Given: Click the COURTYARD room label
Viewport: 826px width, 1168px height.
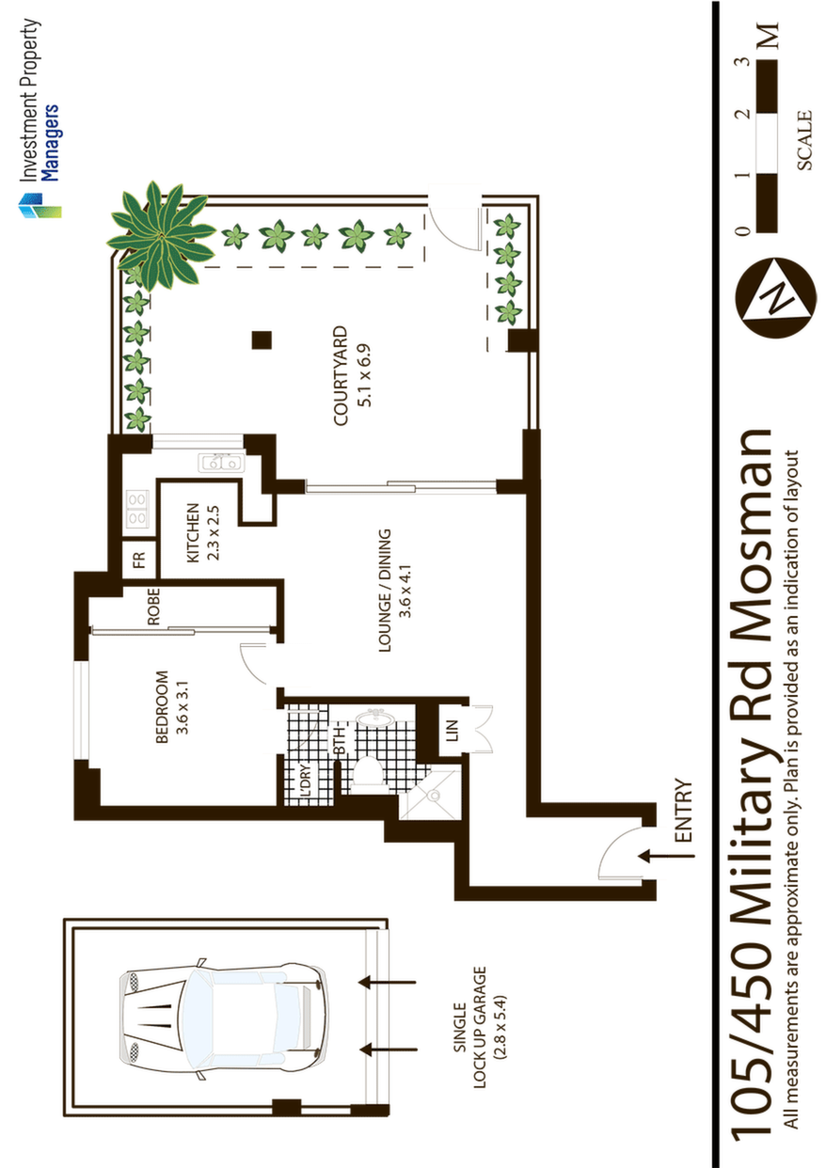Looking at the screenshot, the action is click(x=340, y=376).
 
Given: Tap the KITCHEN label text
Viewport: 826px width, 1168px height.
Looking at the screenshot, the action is click(x=193, y=532).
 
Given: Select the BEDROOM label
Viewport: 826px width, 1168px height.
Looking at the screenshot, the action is click(x=162, y=706).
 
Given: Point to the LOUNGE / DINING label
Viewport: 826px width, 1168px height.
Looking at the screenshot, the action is click(x=385, y=591).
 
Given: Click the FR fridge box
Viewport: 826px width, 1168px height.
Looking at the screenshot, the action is click(x=138, y=560).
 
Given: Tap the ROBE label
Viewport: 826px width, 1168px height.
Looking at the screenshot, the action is click(x=153, y=607).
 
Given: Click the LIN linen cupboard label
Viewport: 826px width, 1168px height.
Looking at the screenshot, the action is click(x=453, y=731).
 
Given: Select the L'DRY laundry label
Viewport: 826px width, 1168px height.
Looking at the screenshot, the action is click(x=306, y=779).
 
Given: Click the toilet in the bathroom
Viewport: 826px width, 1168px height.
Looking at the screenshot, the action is click(x=369, y=774).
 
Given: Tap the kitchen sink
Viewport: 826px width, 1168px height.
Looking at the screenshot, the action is click(x=221, y=463).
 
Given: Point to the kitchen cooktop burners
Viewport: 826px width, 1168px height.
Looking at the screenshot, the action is click(x=137, y=510).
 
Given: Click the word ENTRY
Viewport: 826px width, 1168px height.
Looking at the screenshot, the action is click(x=683, y=811).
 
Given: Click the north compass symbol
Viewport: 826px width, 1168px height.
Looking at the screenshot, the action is click(x=775, y=298).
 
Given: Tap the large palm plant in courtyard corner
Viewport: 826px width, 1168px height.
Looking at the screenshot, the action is click(x=162, y=235).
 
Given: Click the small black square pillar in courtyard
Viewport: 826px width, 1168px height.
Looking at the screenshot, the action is click(x=262, y=340).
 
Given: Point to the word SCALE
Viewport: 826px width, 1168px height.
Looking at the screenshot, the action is click(x=804, y=140).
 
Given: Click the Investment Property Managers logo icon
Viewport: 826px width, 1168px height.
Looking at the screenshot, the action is click(x=40, y=205).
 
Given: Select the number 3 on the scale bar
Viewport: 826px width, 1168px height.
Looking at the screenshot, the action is click(x=745, y=61).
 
